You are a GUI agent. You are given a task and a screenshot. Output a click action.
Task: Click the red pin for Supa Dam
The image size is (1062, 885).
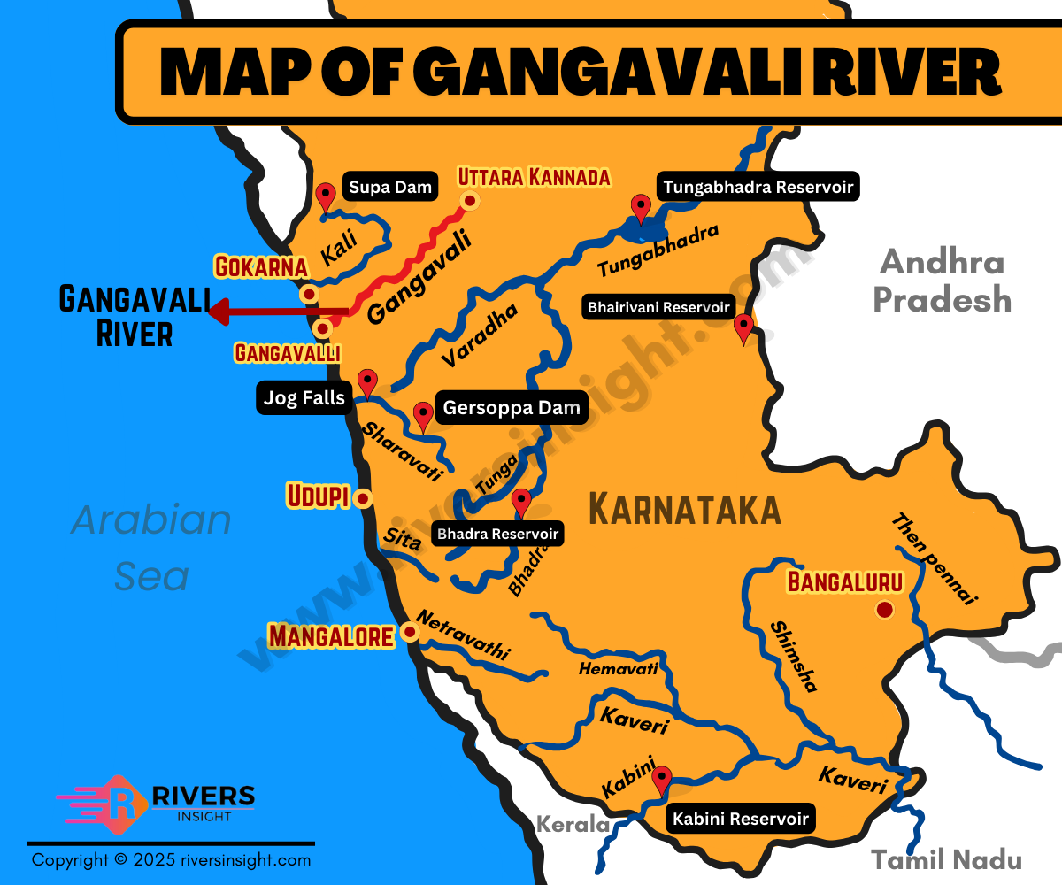(327, 196)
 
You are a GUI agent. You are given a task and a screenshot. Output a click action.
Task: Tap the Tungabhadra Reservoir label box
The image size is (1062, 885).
(758, 187)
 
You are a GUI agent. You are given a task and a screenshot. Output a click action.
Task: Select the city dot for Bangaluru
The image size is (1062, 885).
(883, 609)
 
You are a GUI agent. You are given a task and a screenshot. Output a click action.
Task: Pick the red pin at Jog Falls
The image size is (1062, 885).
(366, 384)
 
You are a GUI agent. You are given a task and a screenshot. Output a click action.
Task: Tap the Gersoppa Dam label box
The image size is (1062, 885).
(512, 408)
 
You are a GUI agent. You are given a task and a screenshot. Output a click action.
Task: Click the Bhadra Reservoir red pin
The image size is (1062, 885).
(521, 502)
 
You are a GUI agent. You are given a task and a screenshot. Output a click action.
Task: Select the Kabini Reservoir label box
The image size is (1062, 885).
(740, 819)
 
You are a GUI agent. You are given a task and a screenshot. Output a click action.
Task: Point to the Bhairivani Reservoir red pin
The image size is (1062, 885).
(743, 327)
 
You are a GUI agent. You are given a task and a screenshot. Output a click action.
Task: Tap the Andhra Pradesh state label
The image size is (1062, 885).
(942, 281)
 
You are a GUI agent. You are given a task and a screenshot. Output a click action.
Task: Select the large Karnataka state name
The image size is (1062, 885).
(684, 511)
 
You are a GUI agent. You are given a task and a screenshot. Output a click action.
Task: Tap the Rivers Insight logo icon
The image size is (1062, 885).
(125, 803)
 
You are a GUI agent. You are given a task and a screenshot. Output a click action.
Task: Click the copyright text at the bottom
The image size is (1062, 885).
(171, 859)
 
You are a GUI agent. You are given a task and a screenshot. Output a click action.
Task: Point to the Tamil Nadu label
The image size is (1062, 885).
(946, 859)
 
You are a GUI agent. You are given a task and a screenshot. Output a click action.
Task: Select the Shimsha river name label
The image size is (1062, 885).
(794, 656)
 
